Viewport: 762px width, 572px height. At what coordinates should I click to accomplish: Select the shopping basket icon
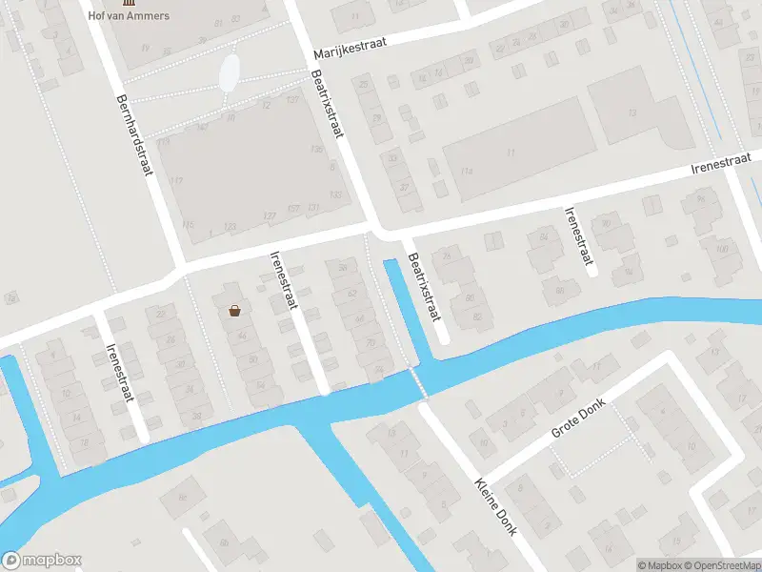coord(234,310)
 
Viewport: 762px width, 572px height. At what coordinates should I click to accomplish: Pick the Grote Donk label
coord(578,418)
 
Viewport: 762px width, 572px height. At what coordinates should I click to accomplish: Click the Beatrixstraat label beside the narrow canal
coord(425,285)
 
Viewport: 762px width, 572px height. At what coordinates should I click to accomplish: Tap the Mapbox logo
coord(42,561)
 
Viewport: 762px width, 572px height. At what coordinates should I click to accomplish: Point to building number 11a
coord(467,171)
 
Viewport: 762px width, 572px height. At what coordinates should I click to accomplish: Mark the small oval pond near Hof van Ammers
coord(230,72)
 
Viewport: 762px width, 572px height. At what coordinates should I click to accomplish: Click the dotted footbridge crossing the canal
coord(416,383)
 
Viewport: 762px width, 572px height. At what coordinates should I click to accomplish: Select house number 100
coord(722,249)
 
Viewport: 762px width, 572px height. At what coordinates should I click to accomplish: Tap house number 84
coord(544,235)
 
